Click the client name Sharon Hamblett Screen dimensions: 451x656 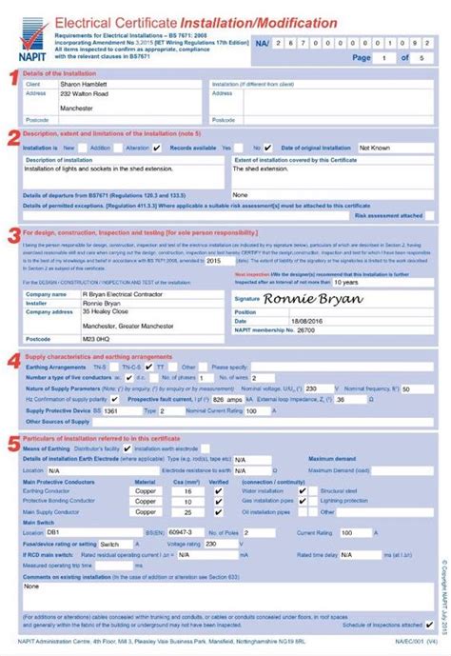91,84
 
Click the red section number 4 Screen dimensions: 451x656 11,362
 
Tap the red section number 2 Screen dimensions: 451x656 11,139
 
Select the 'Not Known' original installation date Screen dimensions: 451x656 378,149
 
